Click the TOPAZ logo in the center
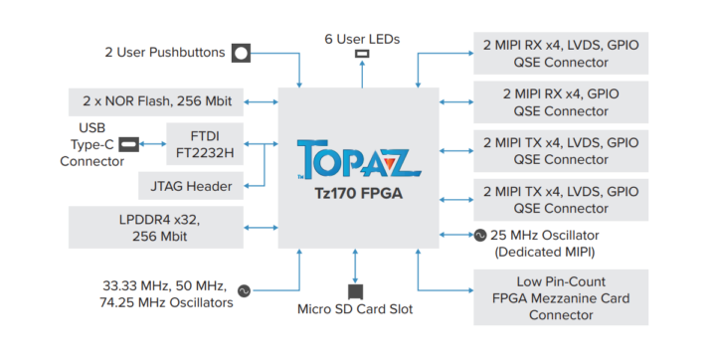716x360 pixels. pyautogui.click(x=357, y=160)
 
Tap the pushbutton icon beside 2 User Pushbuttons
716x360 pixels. pyautogui.click(x=241, y=53)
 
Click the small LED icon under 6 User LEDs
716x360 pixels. pyautogui.click(x=361, y=55)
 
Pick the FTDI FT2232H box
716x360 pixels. pyautogui.click(x=202, y=144)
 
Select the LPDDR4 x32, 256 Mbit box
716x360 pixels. pyautogui.click(x=156, y=227)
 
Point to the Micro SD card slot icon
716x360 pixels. pyautogui.click(x=355, y=290)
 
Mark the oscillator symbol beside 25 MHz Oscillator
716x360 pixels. pyautogui.click(x=479, y=235)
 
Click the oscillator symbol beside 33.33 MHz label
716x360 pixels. pyautogui.click(x=244, y=292)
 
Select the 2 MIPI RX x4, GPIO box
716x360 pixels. pyautogui.click(x=561, y=102)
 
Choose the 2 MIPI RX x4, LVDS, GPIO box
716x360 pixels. pyautogui.click(x=561, y=53)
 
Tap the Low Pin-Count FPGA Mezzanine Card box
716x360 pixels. pyautogui.click(x=561, y=296)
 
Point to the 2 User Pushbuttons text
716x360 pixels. pyautogui.click(x=164, y=52)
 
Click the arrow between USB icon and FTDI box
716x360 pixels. pyautogui.click(x=152, y=144)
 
